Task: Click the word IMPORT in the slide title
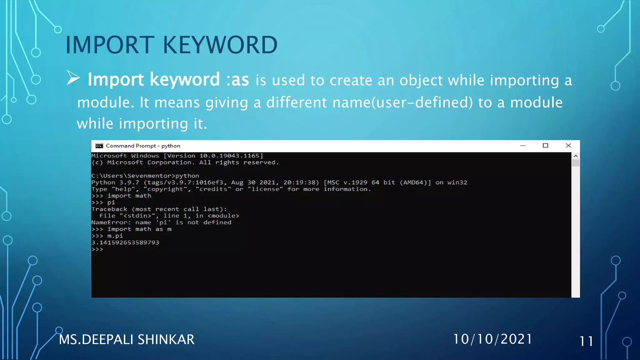coord(110,45)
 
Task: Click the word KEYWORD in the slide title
coord(220,45)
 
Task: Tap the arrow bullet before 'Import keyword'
coord(73,78)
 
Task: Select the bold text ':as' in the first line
coord(237,80)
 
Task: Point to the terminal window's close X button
coord(568,146)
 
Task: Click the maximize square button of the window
coord(545,146)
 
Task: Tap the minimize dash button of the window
coord(523,146)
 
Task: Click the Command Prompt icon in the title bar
coord(99,146)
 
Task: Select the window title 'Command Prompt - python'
coord(143,146)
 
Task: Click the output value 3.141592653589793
coord(125,242)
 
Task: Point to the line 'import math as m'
coord(139,229)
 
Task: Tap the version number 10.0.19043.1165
coord(229,156)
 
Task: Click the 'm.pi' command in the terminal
coord(115,236)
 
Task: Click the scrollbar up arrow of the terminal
coord(576,156)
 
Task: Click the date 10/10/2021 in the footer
coord(492,339)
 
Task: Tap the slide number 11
coord(586,341)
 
